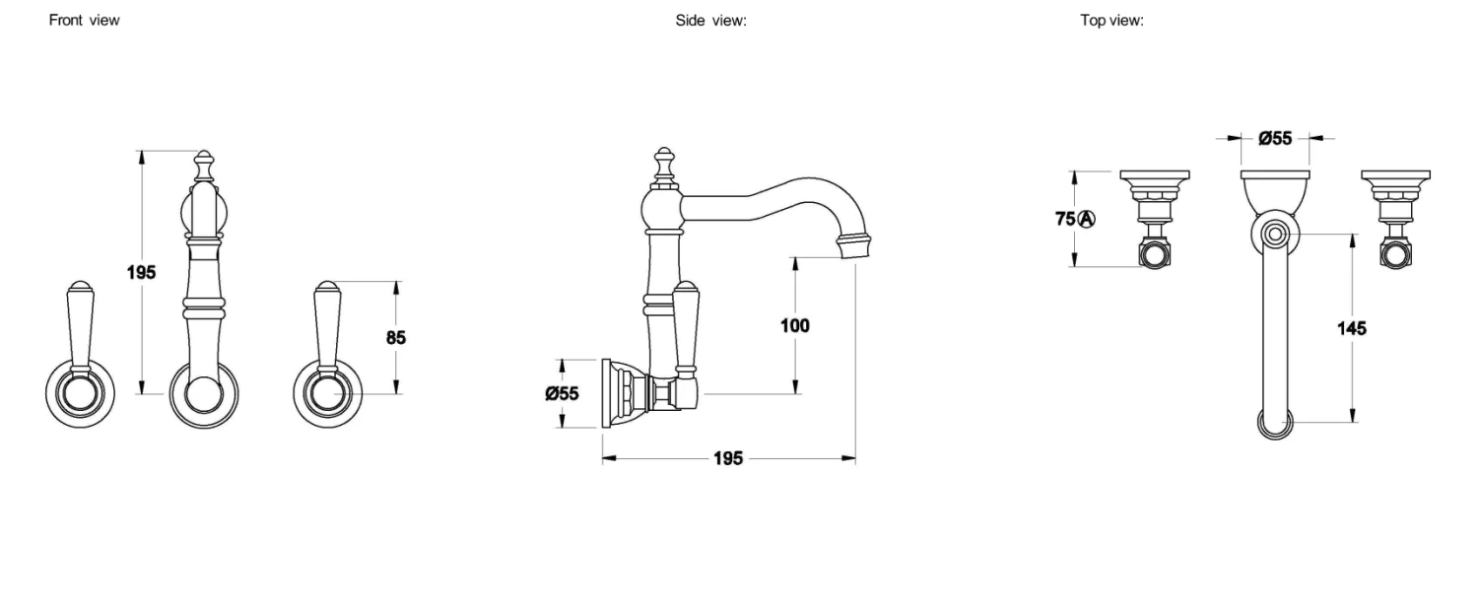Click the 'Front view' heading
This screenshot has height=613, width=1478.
(x=84, y=21)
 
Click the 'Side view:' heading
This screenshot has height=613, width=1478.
(x=710, y=21)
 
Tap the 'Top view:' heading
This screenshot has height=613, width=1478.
(x=1111, y=21)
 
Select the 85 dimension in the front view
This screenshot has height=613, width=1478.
(x=396, y=337)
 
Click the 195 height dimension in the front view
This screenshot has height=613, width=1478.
(x=141, y=272)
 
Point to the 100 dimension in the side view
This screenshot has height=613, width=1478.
(x=794, y=325)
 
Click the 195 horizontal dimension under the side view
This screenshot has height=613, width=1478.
(x=728, y=458)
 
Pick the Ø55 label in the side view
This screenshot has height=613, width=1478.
(x=562, y=393)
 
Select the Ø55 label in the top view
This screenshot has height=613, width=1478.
(x=1275, y=138)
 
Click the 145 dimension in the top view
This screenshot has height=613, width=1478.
(x=1351, y=328)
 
